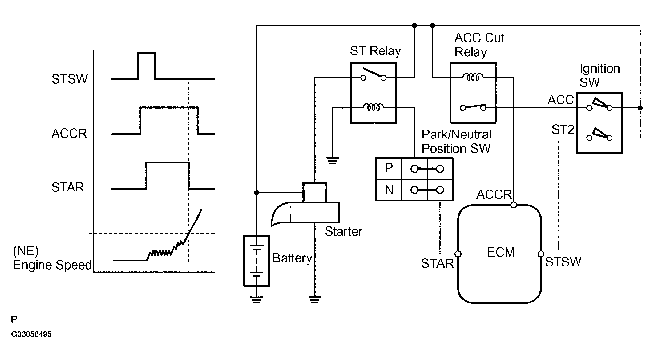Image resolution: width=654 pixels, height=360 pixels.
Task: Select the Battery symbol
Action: pos(256,261)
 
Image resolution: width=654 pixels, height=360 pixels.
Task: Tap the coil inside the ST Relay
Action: pos(373,107)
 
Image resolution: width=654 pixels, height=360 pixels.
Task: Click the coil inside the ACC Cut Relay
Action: pos(473,77)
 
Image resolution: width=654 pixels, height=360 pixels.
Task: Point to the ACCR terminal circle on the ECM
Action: pos(514,205)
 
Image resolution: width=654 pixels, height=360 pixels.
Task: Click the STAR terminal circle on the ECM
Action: pos(458,254)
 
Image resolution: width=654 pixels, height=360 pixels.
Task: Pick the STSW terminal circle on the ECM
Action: pos(541,254)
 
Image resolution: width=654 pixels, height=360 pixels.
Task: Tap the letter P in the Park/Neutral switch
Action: pos(389,168)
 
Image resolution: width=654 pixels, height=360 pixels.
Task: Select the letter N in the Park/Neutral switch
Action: pos(389,190)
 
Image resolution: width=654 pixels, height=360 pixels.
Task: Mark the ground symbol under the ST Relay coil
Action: pos(333,161)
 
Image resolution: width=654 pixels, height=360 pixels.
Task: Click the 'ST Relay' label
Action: pos(375,51)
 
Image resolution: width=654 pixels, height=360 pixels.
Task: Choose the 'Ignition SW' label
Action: pos(599,75)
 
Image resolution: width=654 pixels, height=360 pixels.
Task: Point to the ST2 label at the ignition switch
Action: pos(563,130)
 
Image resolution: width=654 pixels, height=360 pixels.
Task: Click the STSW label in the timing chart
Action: pos(70,79)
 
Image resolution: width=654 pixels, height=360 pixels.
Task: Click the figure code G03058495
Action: pos(31,334)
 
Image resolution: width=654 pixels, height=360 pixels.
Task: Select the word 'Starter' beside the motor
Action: pos(344,231)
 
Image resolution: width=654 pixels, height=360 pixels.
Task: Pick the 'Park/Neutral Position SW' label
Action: pos(456,142)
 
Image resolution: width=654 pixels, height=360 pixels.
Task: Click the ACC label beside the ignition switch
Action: pos(561,100)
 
